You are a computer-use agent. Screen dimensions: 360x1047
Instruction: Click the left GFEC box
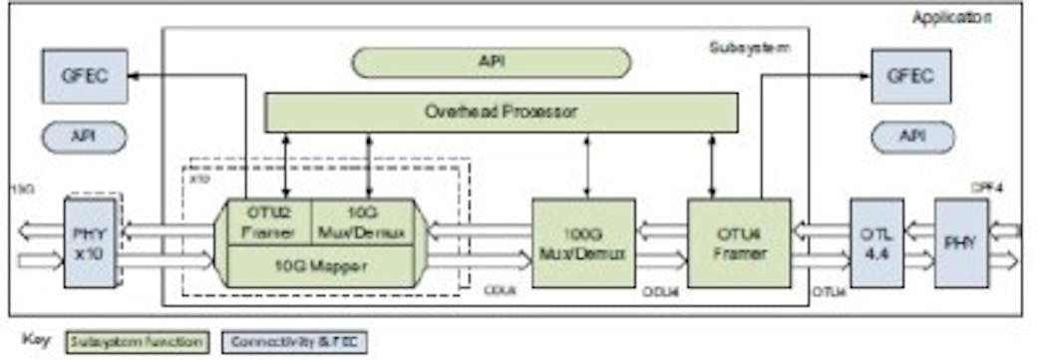[84, 76]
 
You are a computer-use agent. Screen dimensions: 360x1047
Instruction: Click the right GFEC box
[910, 76]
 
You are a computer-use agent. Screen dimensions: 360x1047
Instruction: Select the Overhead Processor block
[501, 112]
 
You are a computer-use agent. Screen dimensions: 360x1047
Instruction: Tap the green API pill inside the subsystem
[491, 62]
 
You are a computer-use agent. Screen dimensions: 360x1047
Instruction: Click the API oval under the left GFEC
[84, 137]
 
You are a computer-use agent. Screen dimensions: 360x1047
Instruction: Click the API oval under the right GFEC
[910, 137]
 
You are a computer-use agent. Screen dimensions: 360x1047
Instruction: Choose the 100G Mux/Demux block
[582, 242]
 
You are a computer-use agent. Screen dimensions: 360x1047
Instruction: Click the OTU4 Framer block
[738, 242]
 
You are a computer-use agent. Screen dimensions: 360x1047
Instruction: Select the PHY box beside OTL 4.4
[961, 242]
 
